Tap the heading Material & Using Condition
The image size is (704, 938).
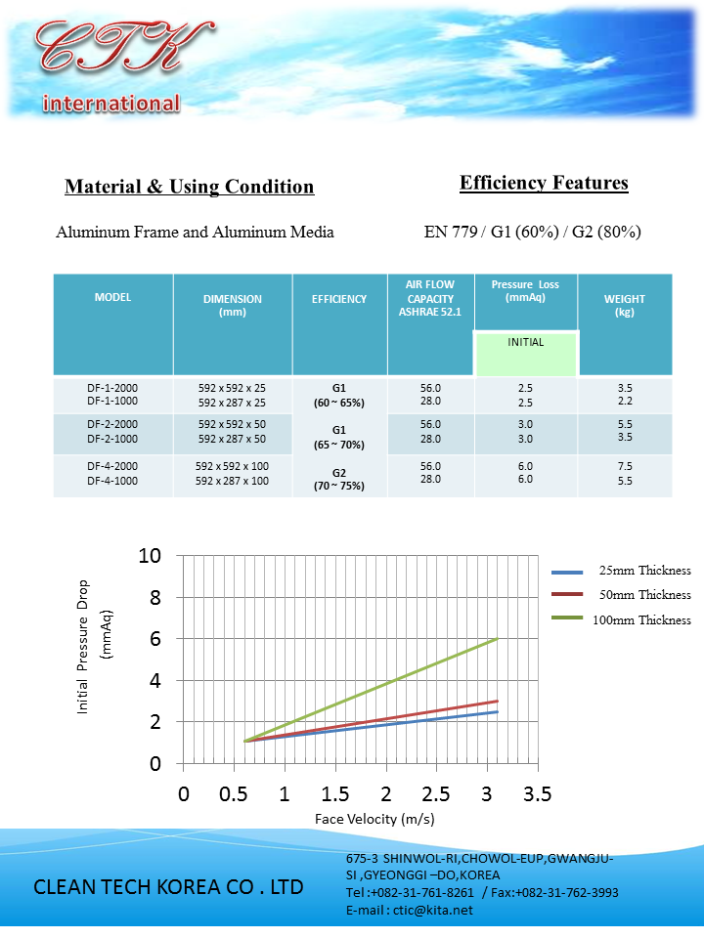point(189,187)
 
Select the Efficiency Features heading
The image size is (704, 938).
point(544,183)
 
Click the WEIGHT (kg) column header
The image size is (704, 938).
point(625,306)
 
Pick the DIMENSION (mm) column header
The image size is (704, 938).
point(233,306)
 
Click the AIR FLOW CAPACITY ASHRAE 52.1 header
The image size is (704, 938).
point(430,298)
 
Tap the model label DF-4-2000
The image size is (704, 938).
point(112,467)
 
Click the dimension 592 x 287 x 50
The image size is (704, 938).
point(233,439)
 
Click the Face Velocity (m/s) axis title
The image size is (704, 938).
point(374,818)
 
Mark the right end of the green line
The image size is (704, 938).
point(498,638)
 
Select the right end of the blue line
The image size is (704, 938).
point(498,711)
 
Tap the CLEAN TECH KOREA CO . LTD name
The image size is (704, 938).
point(168,887)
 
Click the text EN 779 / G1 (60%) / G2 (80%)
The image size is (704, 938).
point(532,233)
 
